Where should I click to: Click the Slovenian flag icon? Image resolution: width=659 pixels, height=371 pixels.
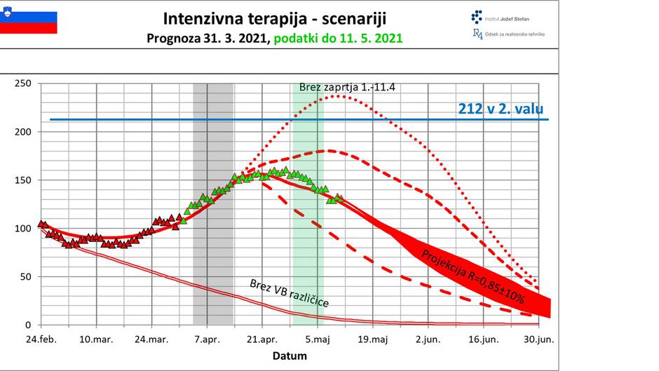point(29,21)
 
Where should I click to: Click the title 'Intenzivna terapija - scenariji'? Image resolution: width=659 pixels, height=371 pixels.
point(274,18)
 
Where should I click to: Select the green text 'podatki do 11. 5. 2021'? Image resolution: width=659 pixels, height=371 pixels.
point(337,38)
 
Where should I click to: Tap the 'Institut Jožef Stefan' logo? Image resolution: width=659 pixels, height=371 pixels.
point(499,17)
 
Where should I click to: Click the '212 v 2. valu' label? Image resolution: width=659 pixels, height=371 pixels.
point(501,109)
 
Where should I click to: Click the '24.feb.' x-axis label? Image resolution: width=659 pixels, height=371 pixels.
point(41,339)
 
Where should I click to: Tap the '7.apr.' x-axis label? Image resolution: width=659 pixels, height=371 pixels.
point(207,339)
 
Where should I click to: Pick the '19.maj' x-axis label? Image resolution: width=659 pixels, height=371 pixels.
point(373,339)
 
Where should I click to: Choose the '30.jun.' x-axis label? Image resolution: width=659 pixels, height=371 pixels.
point(539,339)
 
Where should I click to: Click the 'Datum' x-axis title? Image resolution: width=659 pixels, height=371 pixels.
point(290,356)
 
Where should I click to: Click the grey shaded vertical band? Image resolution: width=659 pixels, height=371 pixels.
point(213,203)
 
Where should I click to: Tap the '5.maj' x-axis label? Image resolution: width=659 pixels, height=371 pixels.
point(318,339)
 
